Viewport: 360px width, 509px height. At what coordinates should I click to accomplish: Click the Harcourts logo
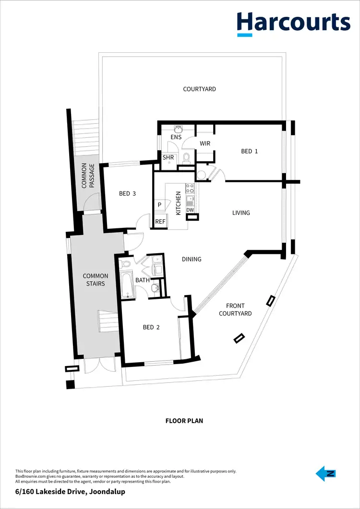[293, 24]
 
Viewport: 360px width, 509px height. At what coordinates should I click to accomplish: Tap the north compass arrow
[325, 474]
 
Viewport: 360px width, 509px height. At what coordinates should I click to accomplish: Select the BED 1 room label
[249, 151]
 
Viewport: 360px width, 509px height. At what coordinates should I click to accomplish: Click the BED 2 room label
[151, 327]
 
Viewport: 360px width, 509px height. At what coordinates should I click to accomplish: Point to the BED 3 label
[127, 193]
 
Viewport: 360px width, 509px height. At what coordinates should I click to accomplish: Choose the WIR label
[205, 143]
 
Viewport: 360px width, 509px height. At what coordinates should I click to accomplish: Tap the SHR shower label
[168, 157]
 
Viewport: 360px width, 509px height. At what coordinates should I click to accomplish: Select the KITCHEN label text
[179, 203]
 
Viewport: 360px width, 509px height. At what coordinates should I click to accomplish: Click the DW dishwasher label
[190, 210]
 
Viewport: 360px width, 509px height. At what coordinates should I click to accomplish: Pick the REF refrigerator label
[160, 222]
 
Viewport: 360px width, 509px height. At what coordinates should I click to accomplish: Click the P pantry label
[159, 205]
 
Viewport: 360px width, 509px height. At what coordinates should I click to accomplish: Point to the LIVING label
[241, 213]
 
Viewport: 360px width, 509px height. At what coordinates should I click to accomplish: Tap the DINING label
[192, 259]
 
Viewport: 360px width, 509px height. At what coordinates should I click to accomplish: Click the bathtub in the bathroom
[127, 284]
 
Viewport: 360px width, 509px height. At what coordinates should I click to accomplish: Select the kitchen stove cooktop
[190, 188]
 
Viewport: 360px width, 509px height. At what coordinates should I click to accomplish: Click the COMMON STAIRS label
[96, 280]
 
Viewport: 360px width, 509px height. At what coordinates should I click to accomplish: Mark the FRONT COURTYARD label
[235, 309]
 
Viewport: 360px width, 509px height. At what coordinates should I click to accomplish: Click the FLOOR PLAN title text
[184, 421]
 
